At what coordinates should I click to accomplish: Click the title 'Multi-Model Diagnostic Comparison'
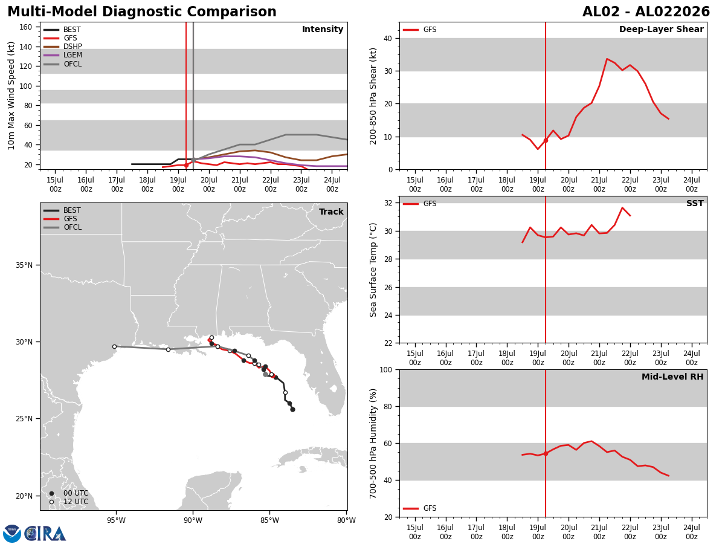142,11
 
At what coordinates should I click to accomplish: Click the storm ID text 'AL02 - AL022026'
646,11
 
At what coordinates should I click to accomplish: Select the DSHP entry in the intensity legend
63,47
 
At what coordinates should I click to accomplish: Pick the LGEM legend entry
63,55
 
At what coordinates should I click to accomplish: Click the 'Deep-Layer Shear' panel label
661,29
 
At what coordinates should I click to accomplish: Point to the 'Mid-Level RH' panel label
672,377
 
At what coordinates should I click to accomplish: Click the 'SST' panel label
695,203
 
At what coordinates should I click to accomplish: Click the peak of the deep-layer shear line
607,59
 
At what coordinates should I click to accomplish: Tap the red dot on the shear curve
546,141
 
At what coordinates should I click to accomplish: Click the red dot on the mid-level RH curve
546,453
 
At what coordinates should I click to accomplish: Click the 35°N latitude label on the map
24,265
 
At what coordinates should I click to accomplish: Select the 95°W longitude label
116,520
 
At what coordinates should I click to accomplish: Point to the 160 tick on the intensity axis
26,27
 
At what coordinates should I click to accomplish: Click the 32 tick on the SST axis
388,203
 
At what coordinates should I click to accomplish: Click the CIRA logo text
45,534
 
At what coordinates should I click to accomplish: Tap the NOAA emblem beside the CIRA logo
11,534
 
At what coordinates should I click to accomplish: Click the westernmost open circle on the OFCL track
115,347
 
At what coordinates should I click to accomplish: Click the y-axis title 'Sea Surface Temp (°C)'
373,270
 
